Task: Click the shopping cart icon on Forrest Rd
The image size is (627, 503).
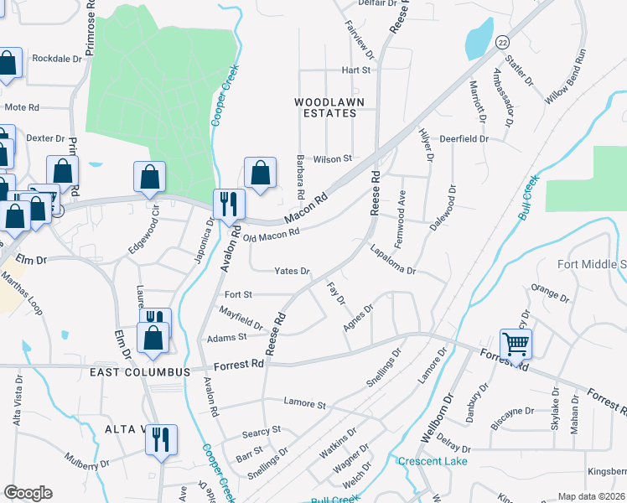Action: (x=516, y=342)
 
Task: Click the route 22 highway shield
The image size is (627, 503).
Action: (x=501, y=41)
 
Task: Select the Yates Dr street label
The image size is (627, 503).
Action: (x=293, y=272)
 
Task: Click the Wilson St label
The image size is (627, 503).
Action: (x=332, y=158)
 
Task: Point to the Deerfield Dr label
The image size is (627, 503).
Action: (x=464, y=139)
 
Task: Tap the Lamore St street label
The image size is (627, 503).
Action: (x=304, y=404)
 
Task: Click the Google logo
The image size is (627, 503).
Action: (x=28, y=493)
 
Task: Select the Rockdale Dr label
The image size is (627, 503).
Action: (x=58, y=59)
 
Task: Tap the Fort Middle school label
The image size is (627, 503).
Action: (x=592, y=264)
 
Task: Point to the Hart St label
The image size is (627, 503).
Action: (x=355, y=70)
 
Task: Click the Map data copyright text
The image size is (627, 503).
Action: (x=592, y=496)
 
